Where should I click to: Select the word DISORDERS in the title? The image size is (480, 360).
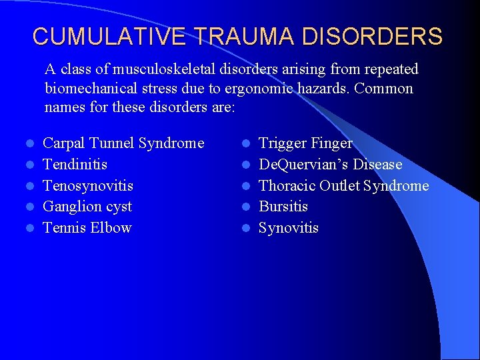[x=376, y=36]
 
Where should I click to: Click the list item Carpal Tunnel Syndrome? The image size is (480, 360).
[x=123, y=143]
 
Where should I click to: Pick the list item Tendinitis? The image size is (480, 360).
[x=75, y=164]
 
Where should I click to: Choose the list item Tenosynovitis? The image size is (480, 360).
[x=87, y=185]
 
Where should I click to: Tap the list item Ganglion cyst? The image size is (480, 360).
[x=87, y=207]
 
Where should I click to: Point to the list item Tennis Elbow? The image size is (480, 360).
[x=87, y=228]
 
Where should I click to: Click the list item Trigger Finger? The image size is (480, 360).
[x=305, y=143]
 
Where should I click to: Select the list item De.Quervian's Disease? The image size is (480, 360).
[x=330, y=164]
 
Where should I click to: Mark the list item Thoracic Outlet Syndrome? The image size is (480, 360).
[x=343, y=185]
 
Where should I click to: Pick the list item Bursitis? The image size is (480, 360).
[x=283, y=207]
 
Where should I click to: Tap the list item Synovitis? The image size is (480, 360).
[x=289, y=228]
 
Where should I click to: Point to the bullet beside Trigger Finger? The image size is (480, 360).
[x=245, y=143]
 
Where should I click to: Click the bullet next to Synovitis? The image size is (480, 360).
[x=245, y=229]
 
